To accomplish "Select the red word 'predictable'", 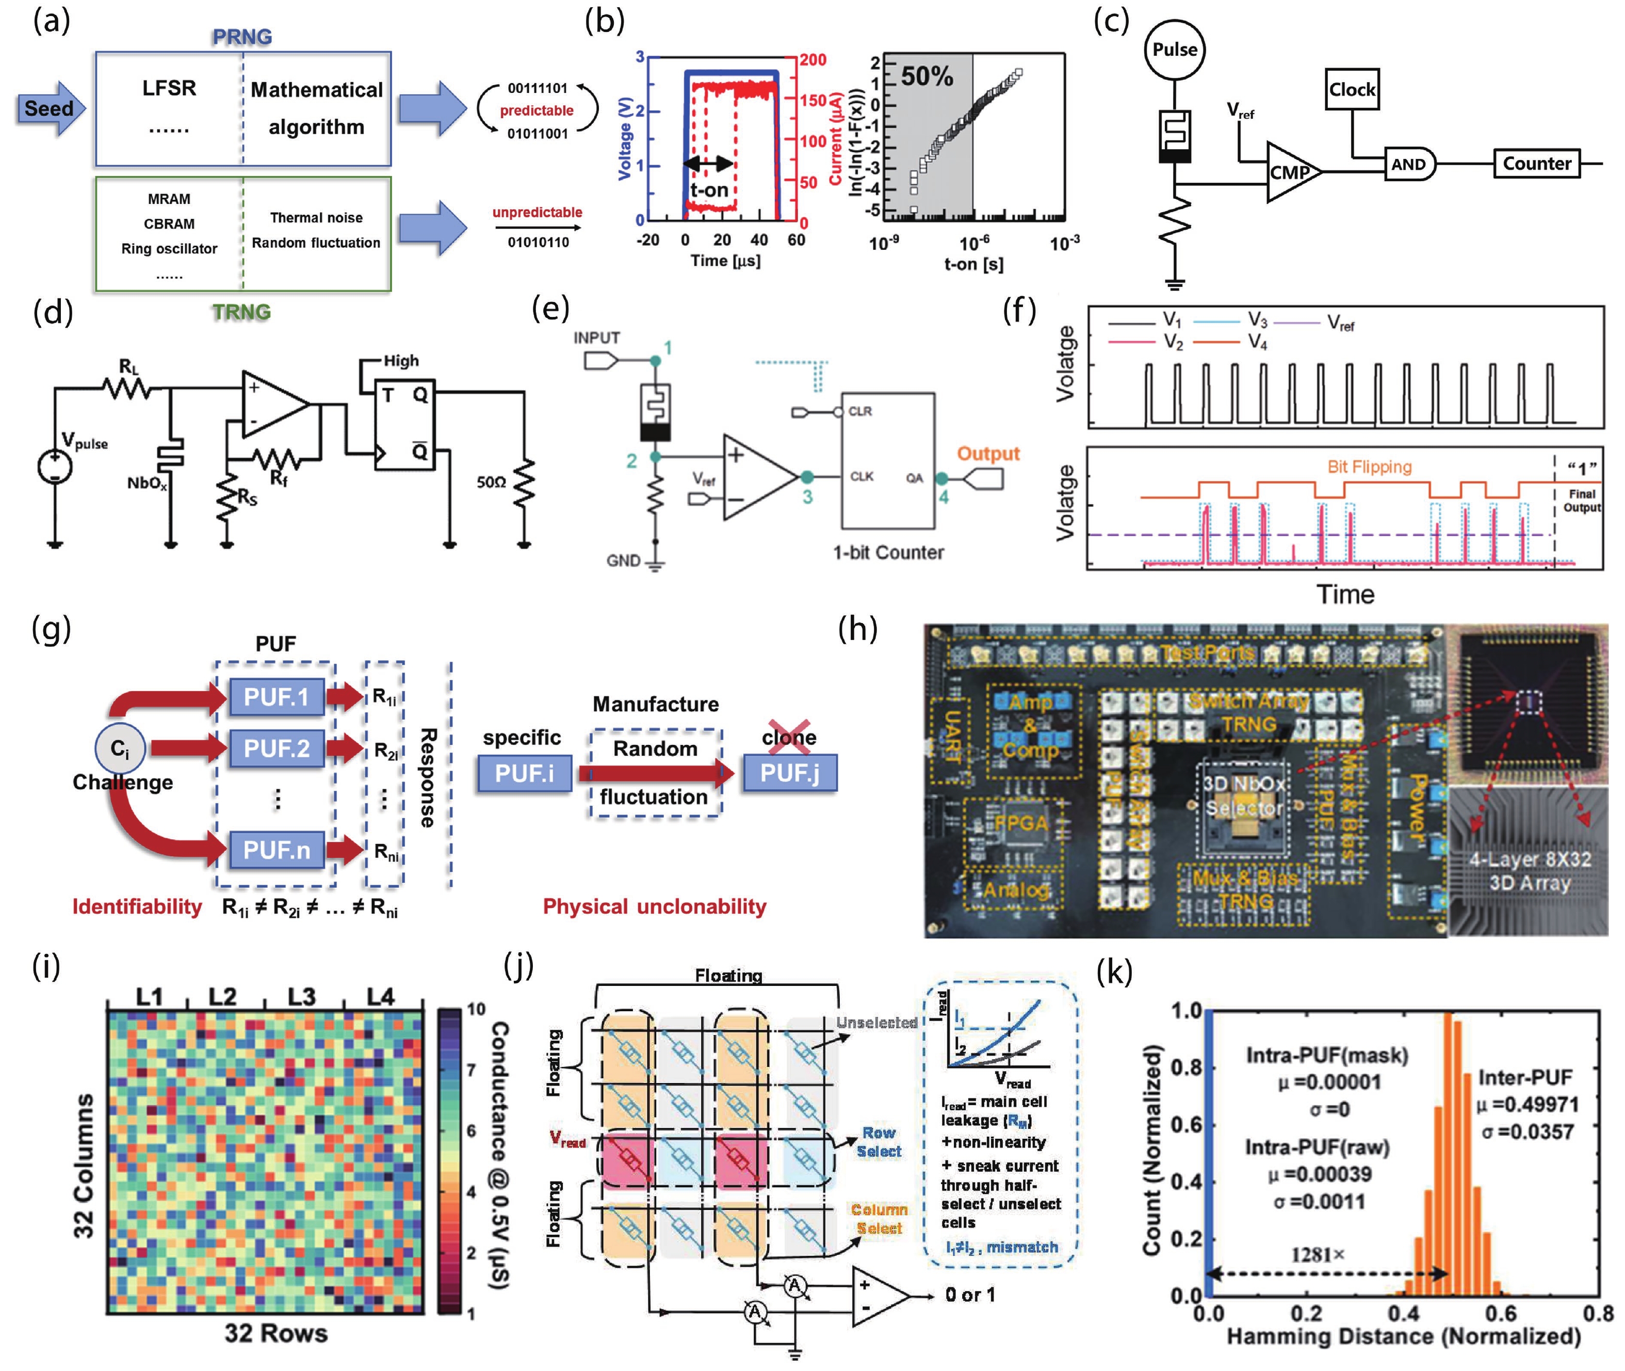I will tap(536, 110).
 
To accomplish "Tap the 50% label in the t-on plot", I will tap(926, 76).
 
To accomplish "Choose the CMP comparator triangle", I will tap(1290, 172).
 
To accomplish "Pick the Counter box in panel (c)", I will tap(1536, 163).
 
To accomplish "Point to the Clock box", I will tap(1352, 89).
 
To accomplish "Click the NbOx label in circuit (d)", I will tap(147, 484).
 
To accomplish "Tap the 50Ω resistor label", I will tap(491, 483).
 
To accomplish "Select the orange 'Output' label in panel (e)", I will tap(987, 453).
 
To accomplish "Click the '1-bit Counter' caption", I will tap(888, 553).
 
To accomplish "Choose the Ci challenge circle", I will tap(119, 748).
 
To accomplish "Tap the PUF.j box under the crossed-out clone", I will tap(789, 773).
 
